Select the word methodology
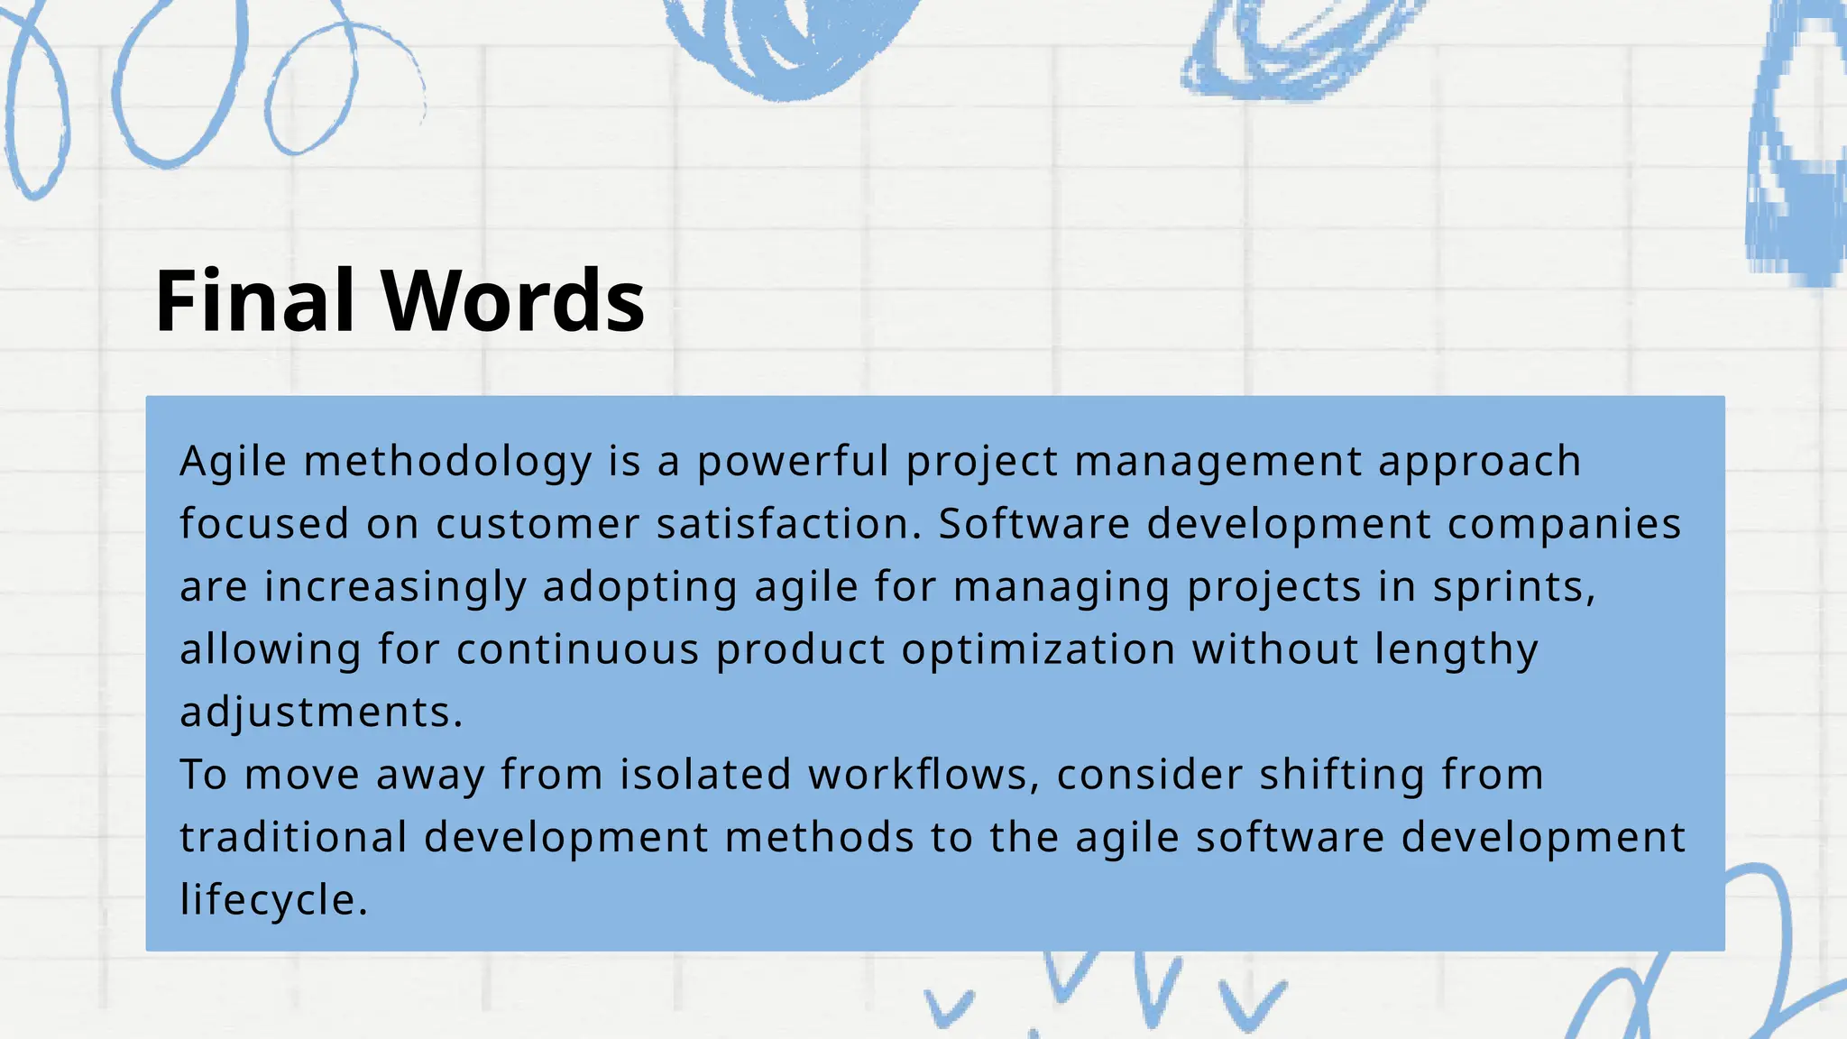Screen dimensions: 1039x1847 [x=448, y=462]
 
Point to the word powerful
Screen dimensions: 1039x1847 [x=793, y=462]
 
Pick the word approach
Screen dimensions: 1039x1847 [x=1480, y=462]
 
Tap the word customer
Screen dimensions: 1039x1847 [x=538, y=524]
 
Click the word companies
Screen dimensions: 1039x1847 [x=1565, y=524]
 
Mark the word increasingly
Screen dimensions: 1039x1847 [x=395, y=587]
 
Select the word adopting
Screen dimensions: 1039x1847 [x=640, y=587]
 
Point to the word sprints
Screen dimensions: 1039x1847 [x=1514, y=587]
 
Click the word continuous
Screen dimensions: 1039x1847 [x=578, y=649]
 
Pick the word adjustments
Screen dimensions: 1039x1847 [x=321, y=713]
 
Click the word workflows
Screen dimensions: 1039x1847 [x=923, y=775]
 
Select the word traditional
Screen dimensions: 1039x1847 [x=294, y=837]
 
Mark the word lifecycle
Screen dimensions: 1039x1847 [x=273, y=900]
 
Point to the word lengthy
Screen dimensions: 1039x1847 [x=1456, y=649]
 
